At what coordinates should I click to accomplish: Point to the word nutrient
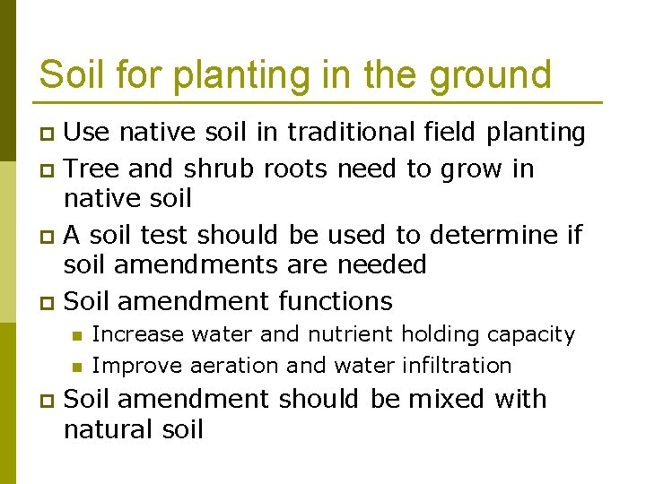pos(350,334)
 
